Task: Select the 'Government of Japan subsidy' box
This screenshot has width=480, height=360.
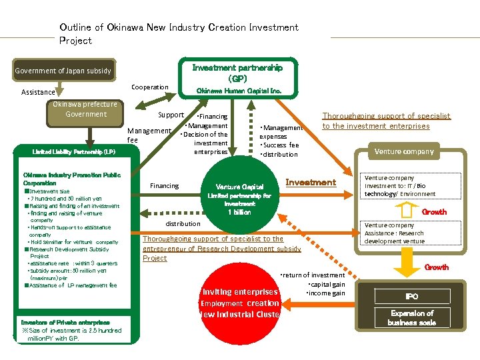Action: (x=63, y=71)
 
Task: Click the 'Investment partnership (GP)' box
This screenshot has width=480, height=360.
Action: (x=237, y=73)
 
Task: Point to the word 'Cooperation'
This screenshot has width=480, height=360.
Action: (x=150, y=87)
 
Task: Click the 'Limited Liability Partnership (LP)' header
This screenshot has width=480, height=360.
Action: (x=73, y=152)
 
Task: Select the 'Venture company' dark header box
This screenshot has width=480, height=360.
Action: (x=403, y=151)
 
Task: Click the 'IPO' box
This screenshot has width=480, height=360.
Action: (x=411, y=296)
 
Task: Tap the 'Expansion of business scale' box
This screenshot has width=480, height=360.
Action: (x=411, y=318)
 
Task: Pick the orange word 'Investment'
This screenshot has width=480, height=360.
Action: (x=311, y=183)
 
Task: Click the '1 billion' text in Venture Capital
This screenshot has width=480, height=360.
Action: (x=239, y=212)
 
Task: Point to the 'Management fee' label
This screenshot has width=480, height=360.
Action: (x=148, y=135)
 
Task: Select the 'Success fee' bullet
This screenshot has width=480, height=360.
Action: (x=281, y=145)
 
